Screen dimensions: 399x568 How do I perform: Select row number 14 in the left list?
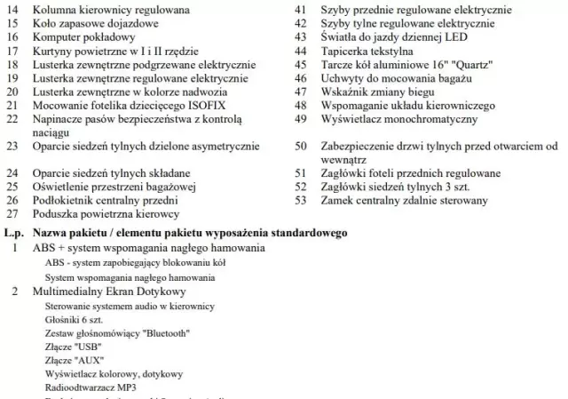click(12, 10)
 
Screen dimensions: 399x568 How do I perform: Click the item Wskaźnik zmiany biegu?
click(375, 92)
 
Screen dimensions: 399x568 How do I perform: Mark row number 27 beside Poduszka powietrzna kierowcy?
click(12, 214)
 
